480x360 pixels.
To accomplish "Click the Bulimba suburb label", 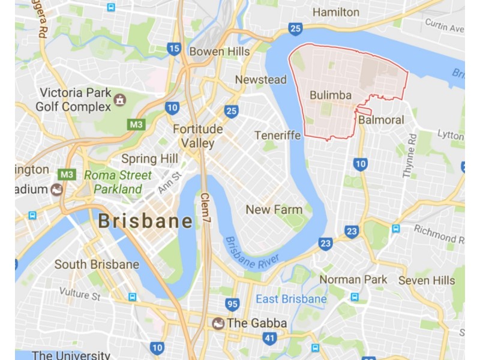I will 331,95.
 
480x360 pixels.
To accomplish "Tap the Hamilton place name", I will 336,12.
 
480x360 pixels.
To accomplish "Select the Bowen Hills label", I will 219,52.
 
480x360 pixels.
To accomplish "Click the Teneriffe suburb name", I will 277,135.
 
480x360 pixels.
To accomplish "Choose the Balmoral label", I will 381,120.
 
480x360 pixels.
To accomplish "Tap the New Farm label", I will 274,209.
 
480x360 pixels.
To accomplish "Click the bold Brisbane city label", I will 145,221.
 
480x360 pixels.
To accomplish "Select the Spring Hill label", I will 149,158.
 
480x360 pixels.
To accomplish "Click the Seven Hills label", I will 422,280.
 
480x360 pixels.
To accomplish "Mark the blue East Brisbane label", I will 291,299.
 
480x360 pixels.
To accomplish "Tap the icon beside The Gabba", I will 218,323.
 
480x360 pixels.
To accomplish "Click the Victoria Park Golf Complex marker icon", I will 119,99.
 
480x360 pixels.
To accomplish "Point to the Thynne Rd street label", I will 409,156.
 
